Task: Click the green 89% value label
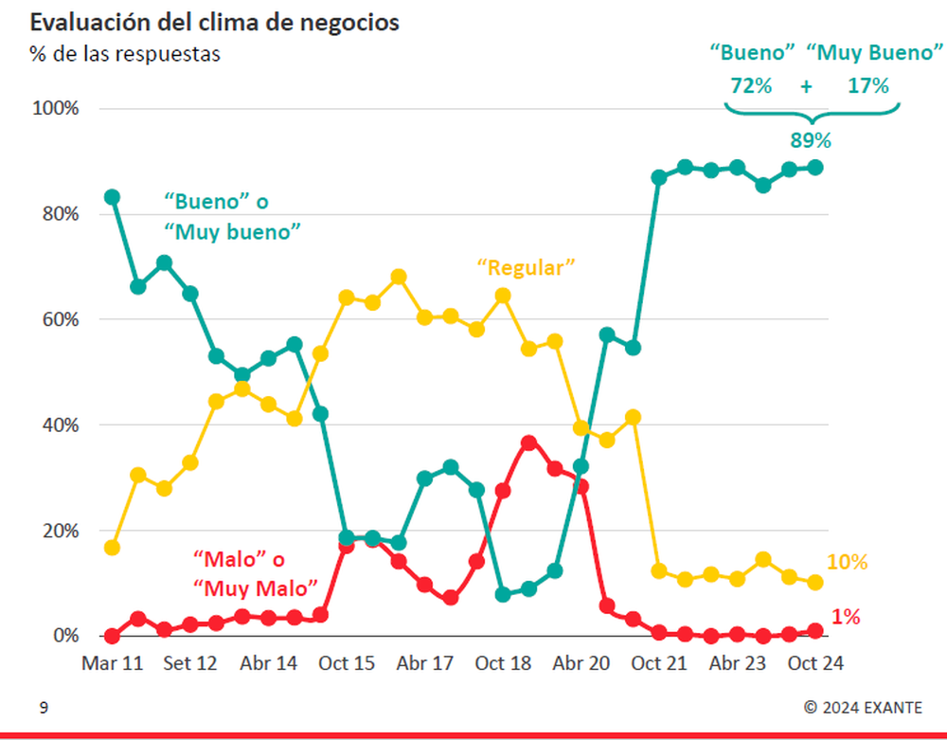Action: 811,141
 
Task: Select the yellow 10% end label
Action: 847,562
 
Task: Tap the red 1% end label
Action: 846,617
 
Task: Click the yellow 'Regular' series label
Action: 527,267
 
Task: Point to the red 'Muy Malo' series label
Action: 255,587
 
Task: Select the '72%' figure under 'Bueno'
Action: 751,85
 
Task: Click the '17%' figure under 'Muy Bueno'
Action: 868,85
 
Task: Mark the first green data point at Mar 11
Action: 112,197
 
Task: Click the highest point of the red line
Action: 529,442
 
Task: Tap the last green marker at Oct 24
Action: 814,168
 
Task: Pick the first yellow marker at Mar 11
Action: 112,548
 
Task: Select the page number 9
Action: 43,707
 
